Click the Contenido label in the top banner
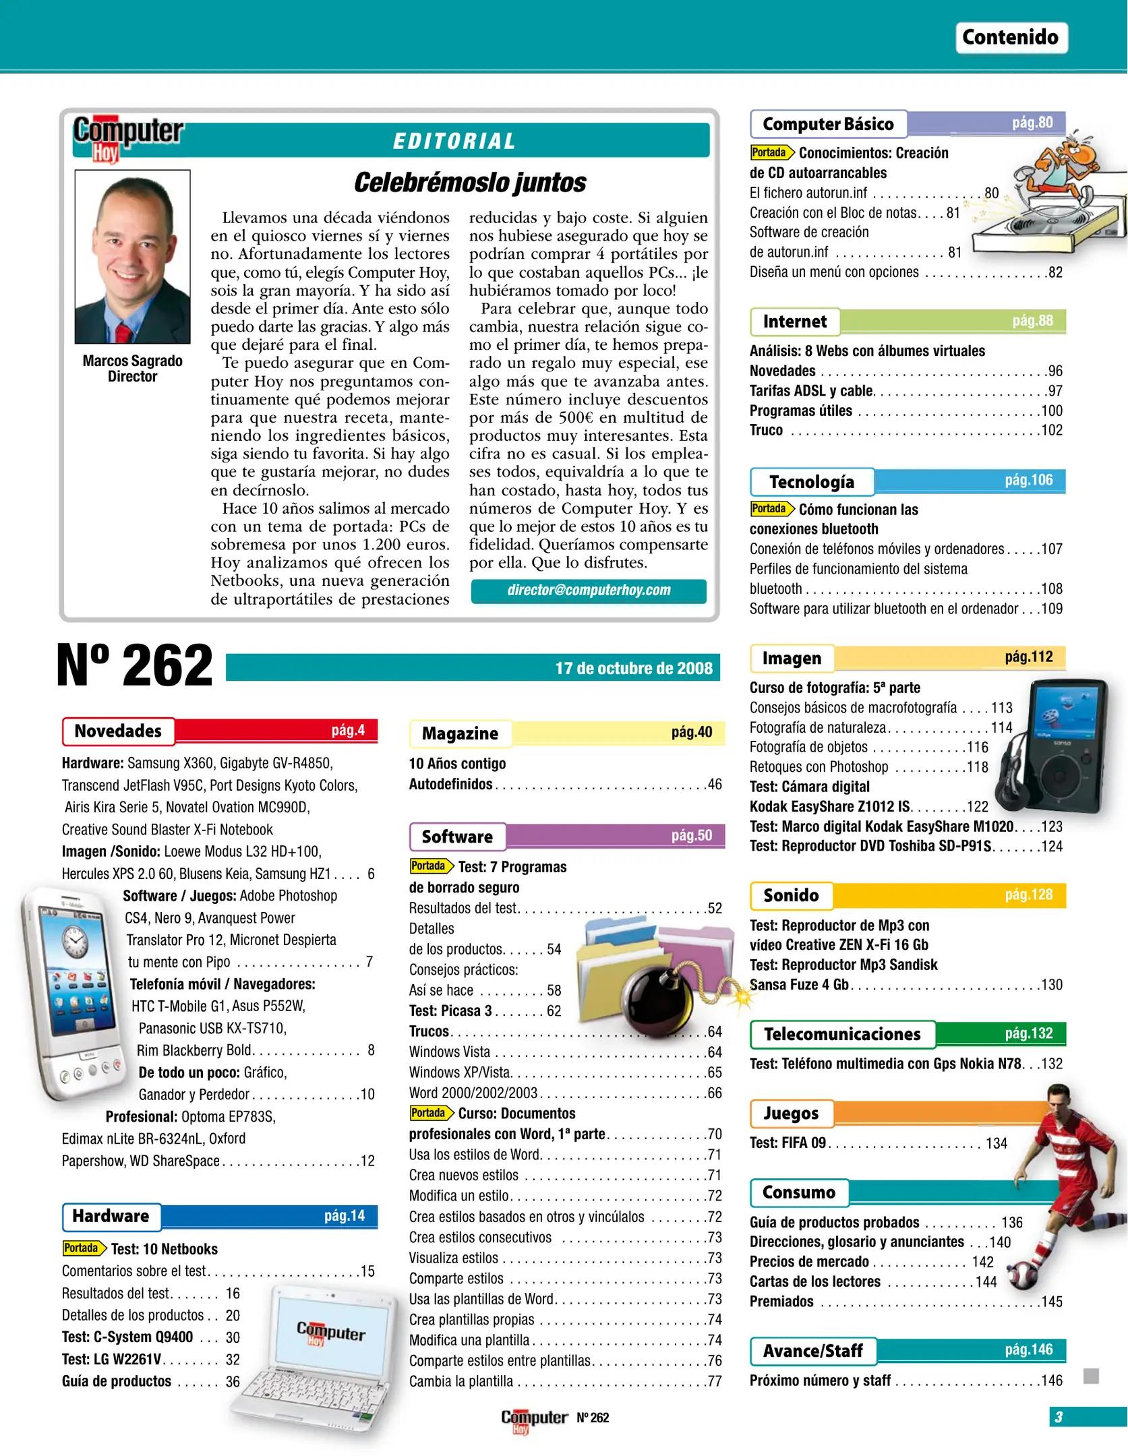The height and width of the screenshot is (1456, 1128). pos(1010,37)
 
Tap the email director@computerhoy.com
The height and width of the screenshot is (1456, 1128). pos(589,590)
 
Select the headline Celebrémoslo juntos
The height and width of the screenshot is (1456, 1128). pos(470,182)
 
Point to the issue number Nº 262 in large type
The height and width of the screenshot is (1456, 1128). pos(134,666)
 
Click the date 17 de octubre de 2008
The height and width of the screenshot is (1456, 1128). pos(633,668)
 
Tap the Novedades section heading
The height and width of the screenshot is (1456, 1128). pos(118,731)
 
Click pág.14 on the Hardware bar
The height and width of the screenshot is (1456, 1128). pos(344,1215)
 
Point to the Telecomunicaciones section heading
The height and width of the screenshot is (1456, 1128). pos(842,1034)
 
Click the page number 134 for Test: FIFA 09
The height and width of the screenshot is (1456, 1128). pos(996,1143)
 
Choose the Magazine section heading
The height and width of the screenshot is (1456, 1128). pos(460,733)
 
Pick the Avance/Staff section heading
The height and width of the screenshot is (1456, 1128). pos(812,1351)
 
